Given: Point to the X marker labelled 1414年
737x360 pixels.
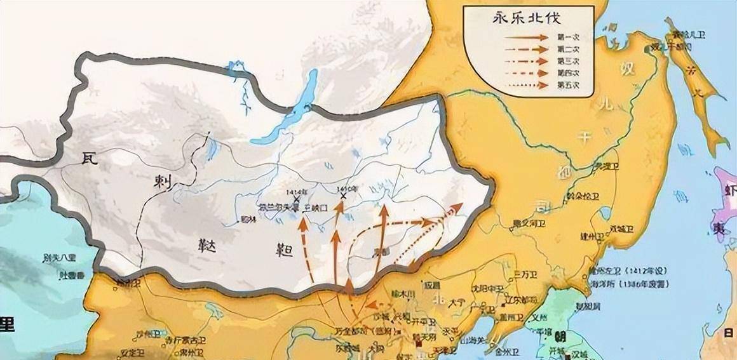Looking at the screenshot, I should pyautogui.click(x=296, y=199).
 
